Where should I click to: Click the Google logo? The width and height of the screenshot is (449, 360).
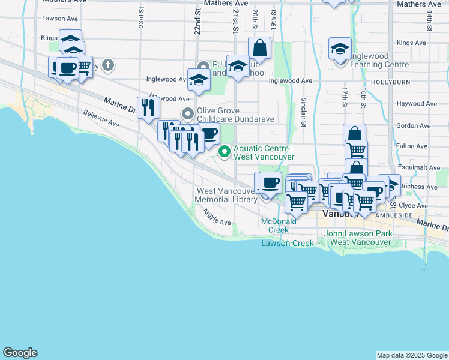click(x=20, y=353)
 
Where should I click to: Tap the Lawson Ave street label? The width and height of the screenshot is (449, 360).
click(x=60, y=19)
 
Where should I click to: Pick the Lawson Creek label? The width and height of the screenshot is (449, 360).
click(x=287, y=243)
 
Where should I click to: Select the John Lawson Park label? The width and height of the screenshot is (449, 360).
click(x=358, y=238)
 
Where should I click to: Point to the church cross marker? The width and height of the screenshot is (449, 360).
click(x=108, y=65)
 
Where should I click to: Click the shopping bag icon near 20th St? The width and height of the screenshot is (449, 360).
click(x=259, y=48)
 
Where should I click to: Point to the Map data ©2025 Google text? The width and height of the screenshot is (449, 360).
click(x=411, y=355)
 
